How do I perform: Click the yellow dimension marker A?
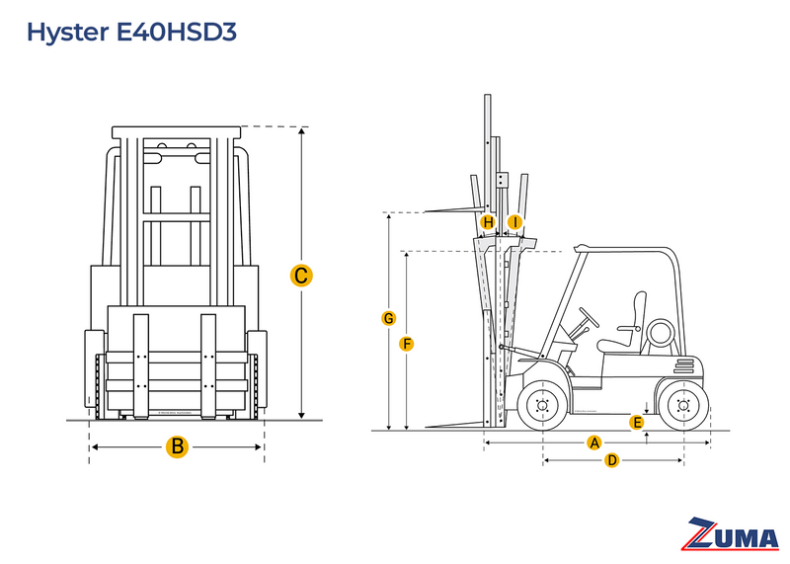(594, 443)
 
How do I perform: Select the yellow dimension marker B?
(177, 446)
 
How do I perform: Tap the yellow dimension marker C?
(302, 276)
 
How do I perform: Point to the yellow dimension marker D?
(611, 460)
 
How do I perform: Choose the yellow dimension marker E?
(637, 423)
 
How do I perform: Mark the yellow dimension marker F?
(406, 344)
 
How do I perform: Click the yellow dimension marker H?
(488, 222)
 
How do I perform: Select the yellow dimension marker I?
(514, 222)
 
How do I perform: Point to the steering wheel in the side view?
(590, 316)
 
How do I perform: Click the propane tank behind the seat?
(659, 334)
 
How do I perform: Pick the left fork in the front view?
(140, 365)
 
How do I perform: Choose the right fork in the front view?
(208, 365)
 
